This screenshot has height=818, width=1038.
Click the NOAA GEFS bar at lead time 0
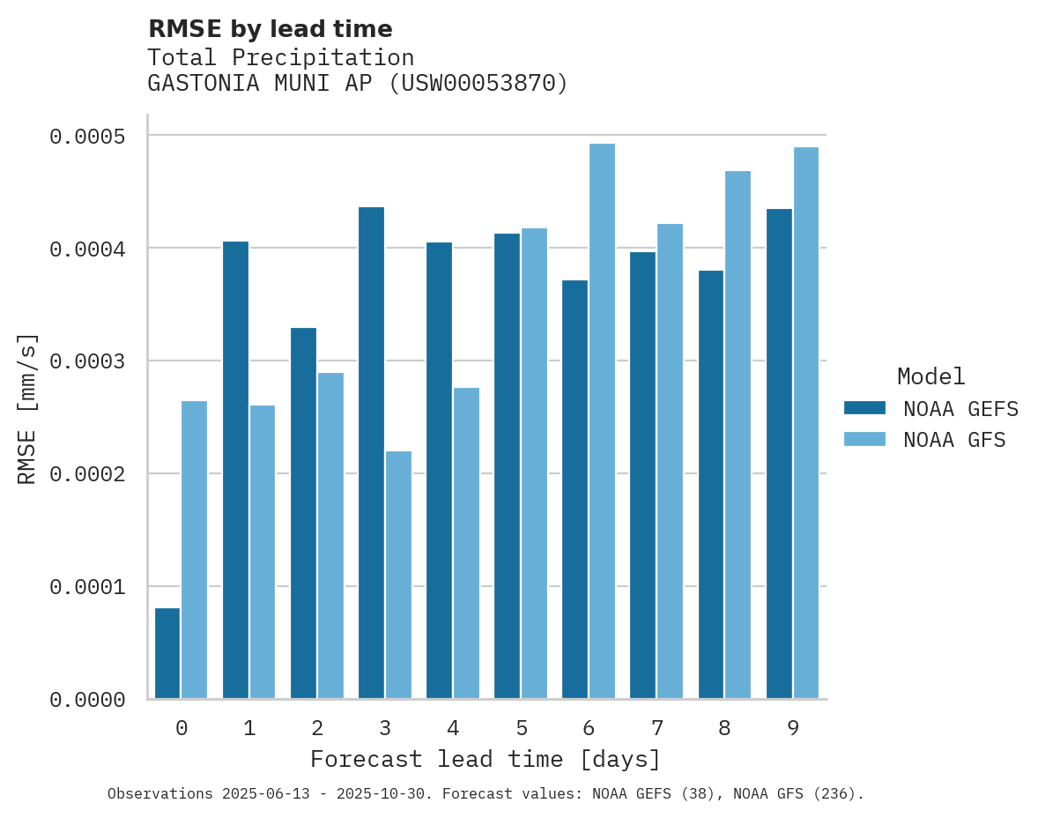[x=167, y=653]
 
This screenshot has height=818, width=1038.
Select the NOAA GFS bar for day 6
[x=602, y=421]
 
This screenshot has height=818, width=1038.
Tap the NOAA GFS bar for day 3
[x=398, y=575]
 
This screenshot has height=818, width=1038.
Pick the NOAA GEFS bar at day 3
[x=371, y=453]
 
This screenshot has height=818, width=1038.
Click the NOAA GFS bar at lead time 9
[x=805, y=423]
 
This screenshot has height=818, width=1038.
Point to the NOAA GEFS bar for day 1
[x=235, y=470]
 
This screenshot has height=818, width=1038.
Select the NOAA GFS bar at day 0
[x=194, y=550]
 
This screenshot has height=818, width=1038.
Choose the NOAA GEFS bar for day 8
[x=711, y=485]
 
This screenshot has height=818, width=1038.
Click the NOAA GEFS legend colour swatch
[x=864, y=408]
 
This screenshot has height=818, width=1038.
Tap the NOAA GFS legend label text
[x=953, y=440]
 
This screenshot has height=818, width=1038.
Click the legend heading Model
[x=930, y=376]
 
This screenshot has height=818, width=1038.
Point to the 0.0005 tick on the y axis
[x=87, y=137]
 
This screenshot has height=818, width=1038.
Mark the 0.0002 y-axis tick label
[x=87, y=474]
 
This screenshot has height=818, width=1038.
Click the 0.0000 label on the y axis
[x=87, y=700]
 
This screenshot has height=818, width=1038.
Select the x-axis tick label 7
[x=656, y=728]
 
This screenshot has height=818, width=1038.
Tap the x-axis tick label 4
[x=453, y=728]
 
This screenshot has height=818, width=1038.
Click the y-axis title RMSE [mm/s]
[x=27, y=408]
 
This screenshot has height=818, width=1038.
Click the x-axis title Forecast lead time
[x=485, y=759]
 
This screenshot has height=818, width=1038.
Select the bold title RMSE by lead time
[x=270, y=29]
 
